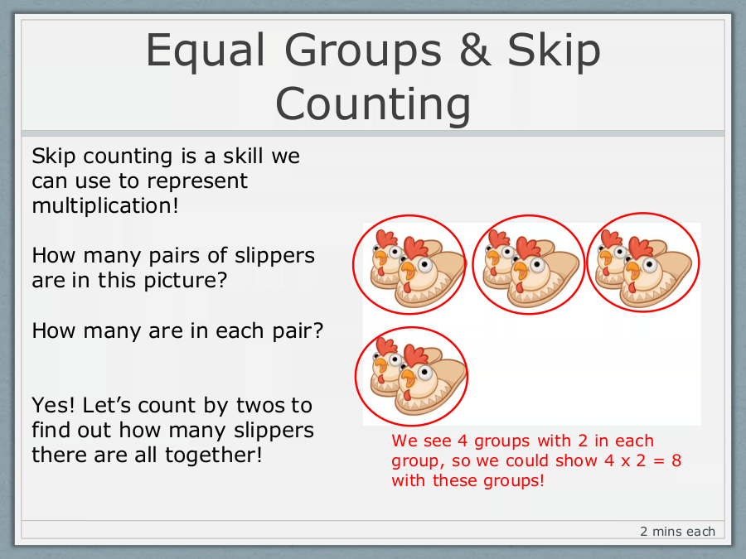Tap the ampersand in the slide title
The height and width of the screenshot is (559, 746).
475,50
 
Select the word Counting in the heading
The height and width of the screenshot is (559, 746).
373,105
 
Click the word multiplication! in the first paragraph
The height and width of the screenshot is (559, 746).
105,206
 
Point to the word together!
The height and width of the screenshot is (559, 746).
214,455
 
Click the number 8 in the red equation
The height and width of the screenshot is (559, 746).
676,460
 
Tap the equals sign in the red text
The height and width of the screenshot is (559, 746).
658,461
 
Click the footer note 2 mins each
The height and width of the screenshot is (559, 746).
677,532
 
